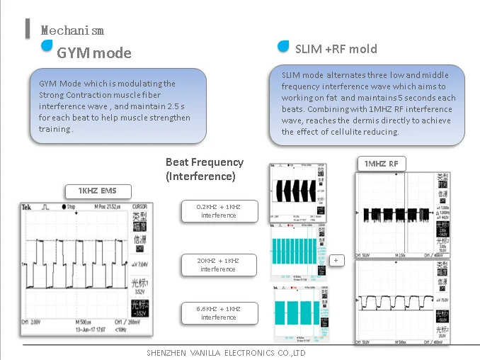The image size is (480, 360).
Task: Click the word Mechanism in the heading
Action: pyautogui.click(x=72, y=30)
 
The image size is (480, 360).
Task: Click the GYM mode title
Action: pyautogui.click(x=93, y=52)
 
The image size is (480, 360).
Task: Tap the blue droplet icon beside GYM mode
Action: pyautogui.click(x=47, y=45)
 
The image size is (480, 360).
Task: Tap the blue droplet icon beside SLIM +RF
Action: pyautogui.click(x=283, y=47)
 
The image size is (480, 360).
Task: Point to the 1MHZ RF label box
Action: pyautogui.click(x=381, y=164)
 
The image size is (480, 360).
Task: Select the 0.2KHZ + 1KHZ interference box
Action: pyautogui.click(x=218, y=210)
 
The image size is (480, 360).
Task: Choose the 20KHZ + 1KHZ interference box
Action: pyautogui.click(x=218, y=264)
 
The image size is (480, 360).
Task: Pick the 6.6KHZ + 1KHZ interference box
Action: pyautogui.click(x=218, y=313)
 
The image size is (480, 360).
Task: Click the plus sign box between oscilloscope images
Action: pyautogui.click(x=337, y=260)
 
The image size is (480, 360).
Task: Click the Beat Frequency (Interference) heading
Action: pyautogui.click(x=204, y=169)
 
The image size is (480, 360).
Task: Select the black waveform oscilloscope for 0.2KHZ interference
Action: pyautogui.click(x=298, y=194)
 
